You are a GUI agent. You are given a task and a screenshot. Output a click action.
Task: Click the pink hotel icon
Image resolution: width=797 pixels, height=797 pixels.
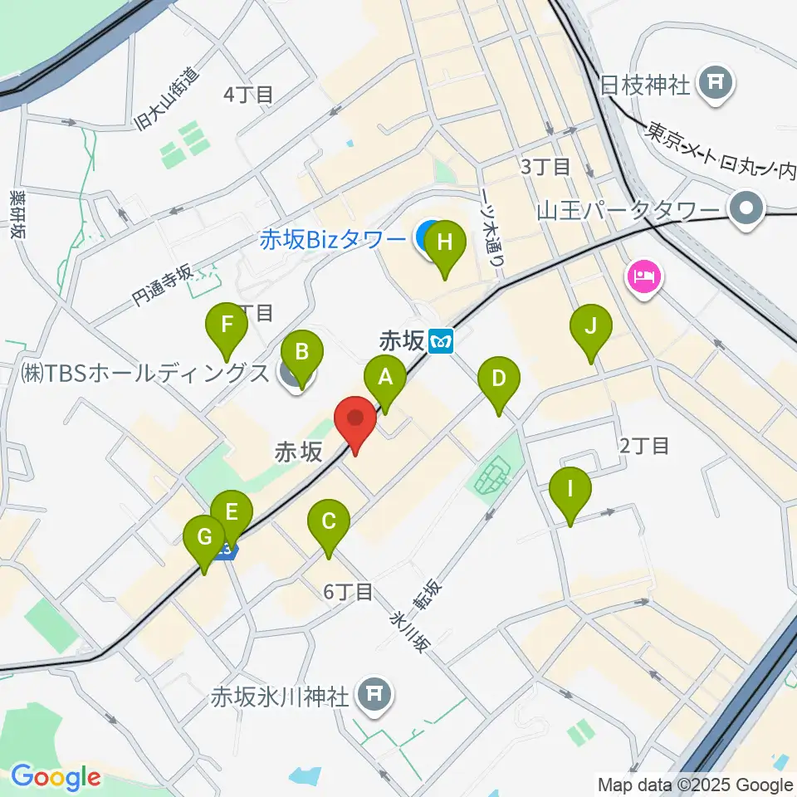[645, 276]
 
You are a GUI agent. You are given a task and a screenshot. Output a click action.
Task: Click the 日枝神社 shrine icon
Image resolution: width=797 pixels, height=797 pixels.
[715, 83]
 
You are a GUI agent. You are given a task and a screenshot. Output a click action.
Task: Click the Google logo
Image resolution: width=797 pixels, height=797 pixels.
[55, 778]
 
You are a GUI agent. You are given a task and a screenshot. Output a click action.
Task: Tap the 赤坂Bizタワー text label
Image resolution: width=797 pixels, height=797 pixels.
[332, 240]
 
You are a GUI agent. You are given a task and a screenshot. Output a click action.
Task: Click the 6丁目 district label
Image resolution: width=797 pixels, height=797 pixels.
[348, 592]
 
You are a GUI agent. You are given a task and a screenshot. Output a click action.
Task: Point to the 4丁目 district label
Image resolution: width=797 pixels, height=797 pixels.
[248, 95]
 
